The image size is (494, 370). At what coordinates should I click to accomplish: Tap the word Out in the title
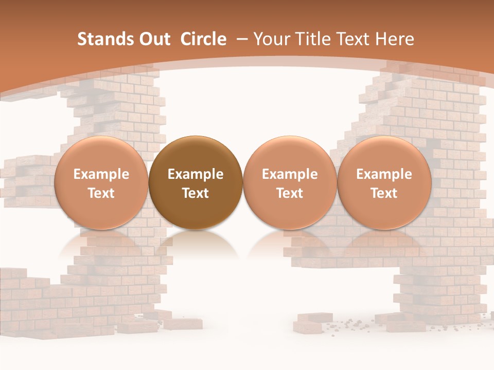tap(154, 39)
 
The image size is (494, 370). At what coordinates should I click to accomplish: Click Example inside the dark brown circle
tap(196, 175)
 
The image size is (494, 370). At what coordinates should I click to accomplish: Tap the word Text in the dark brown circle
tap(196, 193)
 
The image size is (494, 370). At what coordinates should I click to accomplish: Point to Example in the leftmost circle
tap(101, 175)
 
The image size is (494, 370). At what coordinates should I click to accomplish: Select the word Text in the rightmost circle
tap(384, 193)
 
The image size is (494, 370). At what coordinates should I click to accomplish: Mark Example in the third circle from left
tap(290, 175)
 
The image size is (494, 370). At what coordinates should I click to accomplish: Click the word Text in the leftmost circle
tap(101, 193)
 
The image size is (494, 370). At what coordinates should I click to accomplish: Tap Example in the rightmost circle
tap(384, 175)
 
